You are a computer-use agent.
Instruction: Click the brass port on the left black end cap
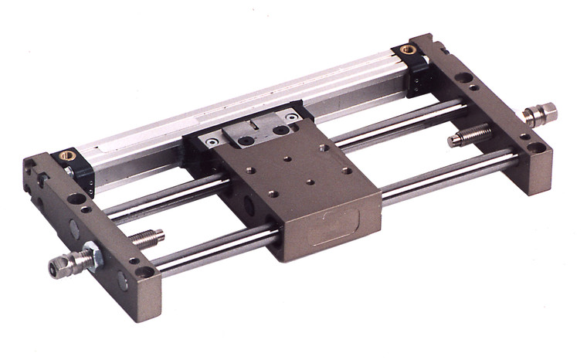(x=68, y=155)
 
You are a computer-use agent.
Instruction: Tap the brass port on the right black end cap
(x=408, y=49)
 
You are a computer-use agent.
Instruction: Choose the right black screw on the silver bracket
(x=291, y=116)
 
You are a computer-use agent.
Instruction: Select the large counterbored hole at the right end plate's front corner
(x=534, y=147)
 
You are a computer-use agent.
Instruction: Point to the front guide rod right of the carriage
(x=448, y=179)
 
